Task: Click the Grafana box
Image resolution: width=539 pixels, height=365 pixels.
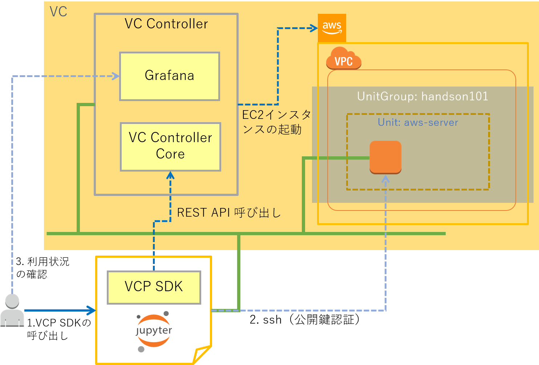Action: pyautogui.click(x=170, y=76)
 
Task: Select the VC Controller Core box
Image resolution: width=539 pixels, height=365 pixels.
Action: pyautogui.click(x=170, y=147)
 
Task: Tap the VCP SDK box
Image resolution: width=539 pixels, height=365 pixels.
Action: pyautogui.click(x=154, y=287)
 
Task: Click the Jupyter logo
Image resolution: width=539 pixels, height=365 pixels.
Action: pyautogui.click(x=154, y=331)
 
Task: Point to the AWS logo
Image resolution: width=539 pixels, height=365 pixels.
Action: pyautogui.click(x=332, y=28)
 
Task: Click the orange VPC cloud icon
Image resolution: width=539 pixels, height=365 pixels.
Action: pyautogui.click(x=344, y=59)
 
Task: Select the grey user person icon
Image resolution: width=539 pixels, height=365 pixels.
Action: pyautogui.click(x=12, y=311)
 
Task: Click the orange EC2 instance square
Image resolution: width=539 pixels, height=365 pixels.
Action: pyautogui.click(x=385, y=157)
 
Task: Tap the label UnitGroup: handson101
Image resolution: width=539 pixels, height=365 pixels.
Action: pyautogui.click(x=422, y=96)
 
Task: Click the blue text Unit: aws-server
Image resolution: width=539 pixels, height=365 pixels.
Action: pyautogui.click(x=418, y=122)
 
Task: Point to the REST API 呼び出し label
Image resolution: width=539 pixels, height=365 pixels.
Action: pyautogui.click(x=229, y=213)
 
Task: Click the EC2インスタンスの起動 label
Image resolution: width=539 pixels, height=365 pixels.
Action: pyautogui.click(x=276, y=122)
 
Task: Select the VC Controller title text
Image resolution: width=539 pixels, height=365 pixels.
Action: pyautogui.click(x=166, y=24)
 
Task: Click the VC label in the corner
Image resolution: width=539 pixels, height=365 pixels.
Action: pyautogui.click(x=58, y=12)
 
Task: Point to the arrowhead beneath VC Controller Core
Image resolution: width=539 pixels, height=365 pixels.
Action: pyautogui.click(x=170, y=176)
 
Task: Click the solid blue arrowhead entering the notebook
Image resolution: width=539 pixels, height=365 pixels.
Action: pyautogui.click(x=92, y=310)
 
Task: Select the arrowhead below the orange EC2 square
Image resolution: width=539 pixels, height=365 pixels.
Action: pyautogui.click(x=385, y=179)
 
